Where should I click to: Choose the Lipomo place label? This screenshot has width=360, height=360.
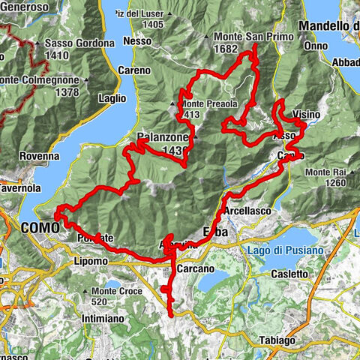click(91, 262)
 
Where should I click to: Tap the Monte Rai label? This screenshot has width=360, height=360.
click(325, 172)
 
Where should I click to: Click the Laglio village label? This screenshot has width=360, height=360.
click(112, 97)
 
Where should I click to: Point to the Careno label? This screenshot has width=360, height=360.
click(133, 70)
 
